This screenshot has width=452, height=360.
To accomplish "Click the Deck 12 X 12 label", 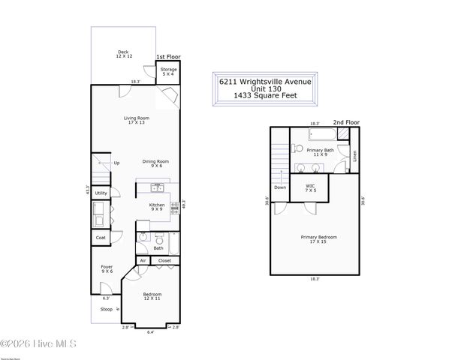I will pos(123,54).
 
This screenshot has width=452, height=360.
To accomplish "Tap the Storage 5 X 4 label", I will pos(168,72).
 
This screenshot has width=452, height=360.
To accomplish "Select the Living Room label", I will pos(137,120).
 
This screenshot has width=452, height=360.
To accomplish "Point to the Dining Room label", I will pos(155,163).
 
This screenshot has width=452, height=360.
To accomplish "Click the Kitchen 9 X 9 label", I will pos(157,208).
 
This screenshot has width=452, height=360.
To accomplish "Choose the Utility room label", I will pos(101,193).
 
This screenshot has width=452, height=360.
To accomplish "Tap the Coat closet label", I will pos(101,238).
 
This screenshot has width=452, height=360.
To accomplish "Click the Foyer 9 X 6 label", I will pos(107,269).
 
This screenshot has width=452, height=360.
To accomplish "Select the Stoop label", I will pos(106,308).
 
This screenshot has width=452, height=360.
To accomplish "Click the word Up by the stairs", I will pos(116,163).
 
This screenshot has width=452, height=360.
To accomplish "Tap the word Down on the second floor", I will pos(280,187).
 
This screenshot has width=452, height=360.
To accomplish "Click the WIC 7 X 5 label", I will pos(310,188).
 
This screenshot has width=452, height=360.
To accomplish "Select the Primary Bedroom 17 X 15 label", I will pos(318,239).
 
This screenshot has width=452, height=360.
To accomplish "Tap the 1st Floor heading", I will pos(167,57).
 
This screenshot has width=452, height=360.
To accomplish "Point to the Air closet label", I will pos(143,260).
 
